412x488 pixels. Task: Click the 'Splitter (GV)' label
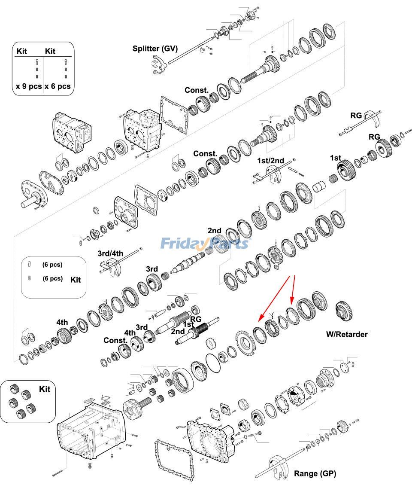click(155, 48)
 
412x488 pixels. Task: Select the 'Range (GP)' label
click(315, 473)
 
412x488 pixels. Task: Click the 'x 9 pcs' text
click(29, 86)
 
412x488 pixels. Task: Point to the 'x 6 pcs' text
click(58, 86)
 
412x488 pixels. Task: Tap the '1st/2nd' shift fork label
click(270, 161)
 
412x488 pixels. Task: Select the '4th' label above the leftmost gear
click(62, 322)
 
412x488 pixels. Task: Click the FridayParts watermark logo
click(204, 244)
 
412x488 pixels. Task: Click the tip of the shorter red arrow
click(291, 305)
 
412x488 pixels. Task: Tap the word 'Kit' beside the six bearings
click(45, 389)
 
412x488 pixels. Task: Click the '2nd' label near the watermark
click(215, 231)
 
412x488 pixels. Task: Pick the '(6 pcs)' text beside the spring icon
click(52, 278)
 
